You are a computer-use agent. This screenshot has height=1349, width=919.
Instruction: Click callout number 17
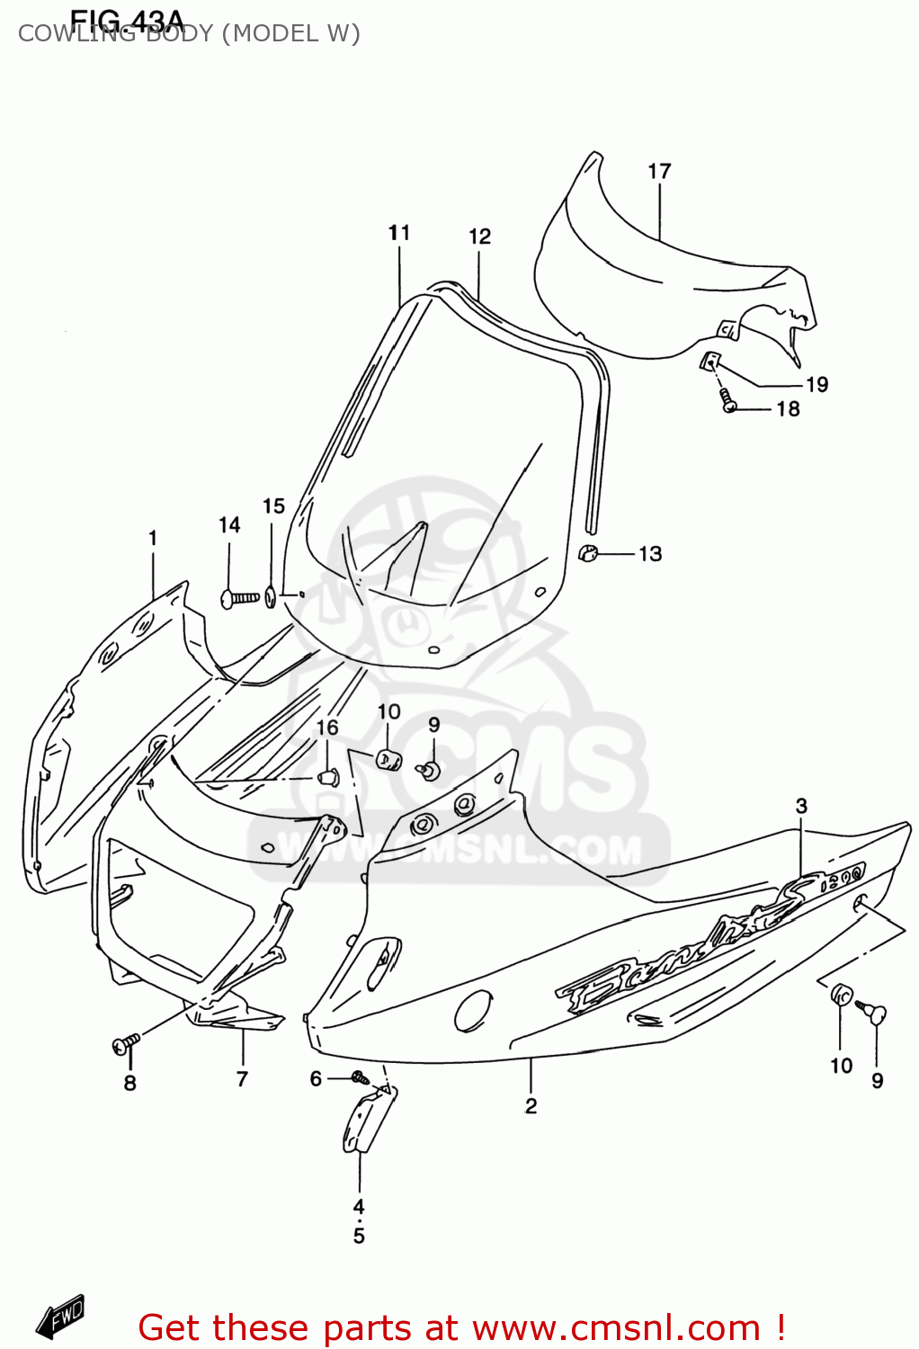pos(659,171)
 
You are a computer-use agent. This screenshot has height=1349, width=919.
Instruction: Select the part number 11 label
pos(399,233)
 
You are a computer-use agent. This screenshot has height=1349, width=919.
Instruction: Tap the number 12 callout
pos(479,237)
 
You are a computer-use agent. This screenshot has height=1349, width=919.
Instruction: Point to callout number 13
pos(650,554)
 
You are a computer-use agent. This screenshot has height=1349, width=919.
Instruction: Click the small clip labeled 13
pos(588,553)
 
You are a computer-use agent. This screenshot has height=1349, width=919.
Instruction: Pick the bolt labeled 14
pos(239,596)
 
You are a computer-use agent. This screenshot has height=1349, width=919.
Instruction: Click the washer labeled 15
pos(271,596)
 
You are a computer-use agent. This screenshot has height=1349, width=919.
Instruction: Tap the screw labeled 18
pos(727,403)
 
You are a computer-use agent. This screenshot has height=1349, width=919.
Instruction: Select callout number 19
pos(816,385)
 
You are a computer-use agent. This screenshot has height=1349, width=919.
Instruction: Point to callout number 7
pos(242,1079)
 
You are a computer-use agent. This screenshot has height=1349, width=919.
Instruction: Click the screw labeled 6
pos(361,1077)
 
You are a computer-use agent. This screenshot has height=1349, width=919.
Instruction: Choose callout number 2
pos(531,1105)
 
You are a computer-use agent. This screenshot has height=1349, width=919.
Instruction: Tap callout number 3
pos(801,807)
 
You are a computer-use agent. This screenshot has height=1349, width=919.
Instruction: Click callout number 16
pos(327,728)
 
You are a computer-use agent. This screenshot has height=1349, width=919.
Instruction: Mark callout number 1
pos(153,538)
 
